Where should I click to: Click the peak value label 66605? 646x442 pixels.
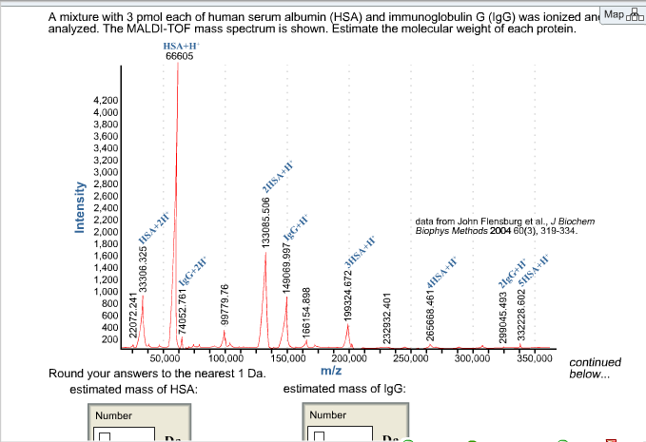179,56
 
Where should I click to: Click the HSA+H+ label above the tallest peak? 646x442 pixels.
178,45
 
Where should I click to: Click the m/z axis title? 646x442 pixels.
332,370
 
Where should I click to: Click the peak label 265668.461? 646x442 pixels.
431,306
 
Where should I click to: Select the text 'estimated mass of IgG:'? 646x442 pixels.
345,389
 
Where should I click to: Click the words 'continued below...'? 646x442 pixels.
595,368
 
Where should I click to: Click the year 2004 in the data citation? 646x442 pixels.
501,231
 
